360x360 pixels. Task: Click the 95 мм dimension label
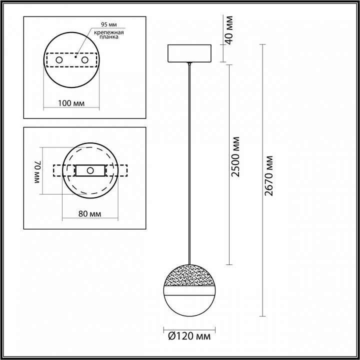coord(109,24)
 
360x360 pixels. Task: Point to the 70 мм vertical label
coord(37,173)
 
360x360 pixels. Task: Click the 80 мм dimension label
coord(90,214)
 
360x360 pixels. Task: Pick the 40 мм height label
coord(229,29)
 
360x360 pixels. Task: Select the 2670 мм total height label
coord(269,175)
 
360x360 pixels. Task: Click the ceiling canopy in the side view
coord(189,53)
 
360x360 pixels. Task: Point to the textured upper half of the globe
coord(189,275)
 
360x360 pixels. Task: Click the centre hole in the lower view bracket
coord(90,170)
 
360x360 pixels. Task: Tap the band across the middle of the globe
coord(189,288)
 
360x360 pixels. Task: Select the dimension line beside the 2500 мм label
coord(229,210)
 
